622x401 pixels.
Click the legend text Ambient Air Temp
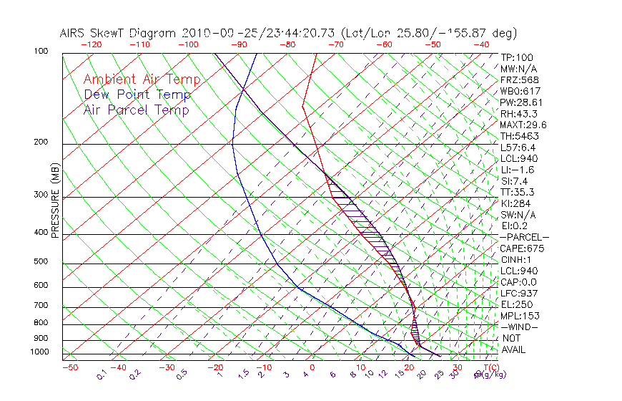tap(142, 79)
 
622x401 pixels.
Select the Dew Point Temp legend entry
tap(137, 95)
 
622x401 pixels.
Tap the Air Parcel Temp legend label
tap(136, 110)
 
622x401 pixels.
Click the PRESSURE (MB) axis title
tap(55, 200)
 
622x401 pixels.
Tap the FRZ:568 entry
tap(517, 79)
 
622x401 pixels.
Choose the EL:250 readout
tap(515, 304)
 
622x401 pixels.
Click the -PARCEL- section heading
tap(524, 237)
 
